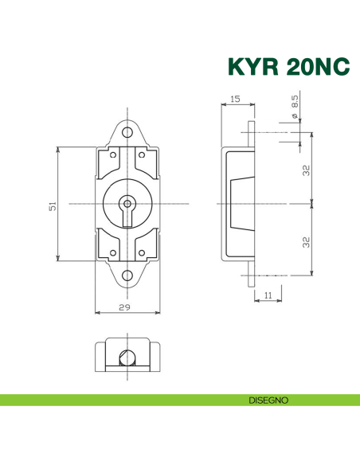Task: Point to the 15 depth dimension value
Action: click(235, 100)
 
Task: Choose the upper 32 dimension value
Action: click(306, 170)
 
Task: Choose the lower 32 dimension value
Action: click(306, 241)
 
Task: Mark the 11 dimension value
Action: click(267, 295)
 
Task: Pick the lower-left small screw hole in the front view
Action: click(113, 255)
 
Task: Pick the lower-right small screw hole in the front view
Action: click(142, 255)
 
